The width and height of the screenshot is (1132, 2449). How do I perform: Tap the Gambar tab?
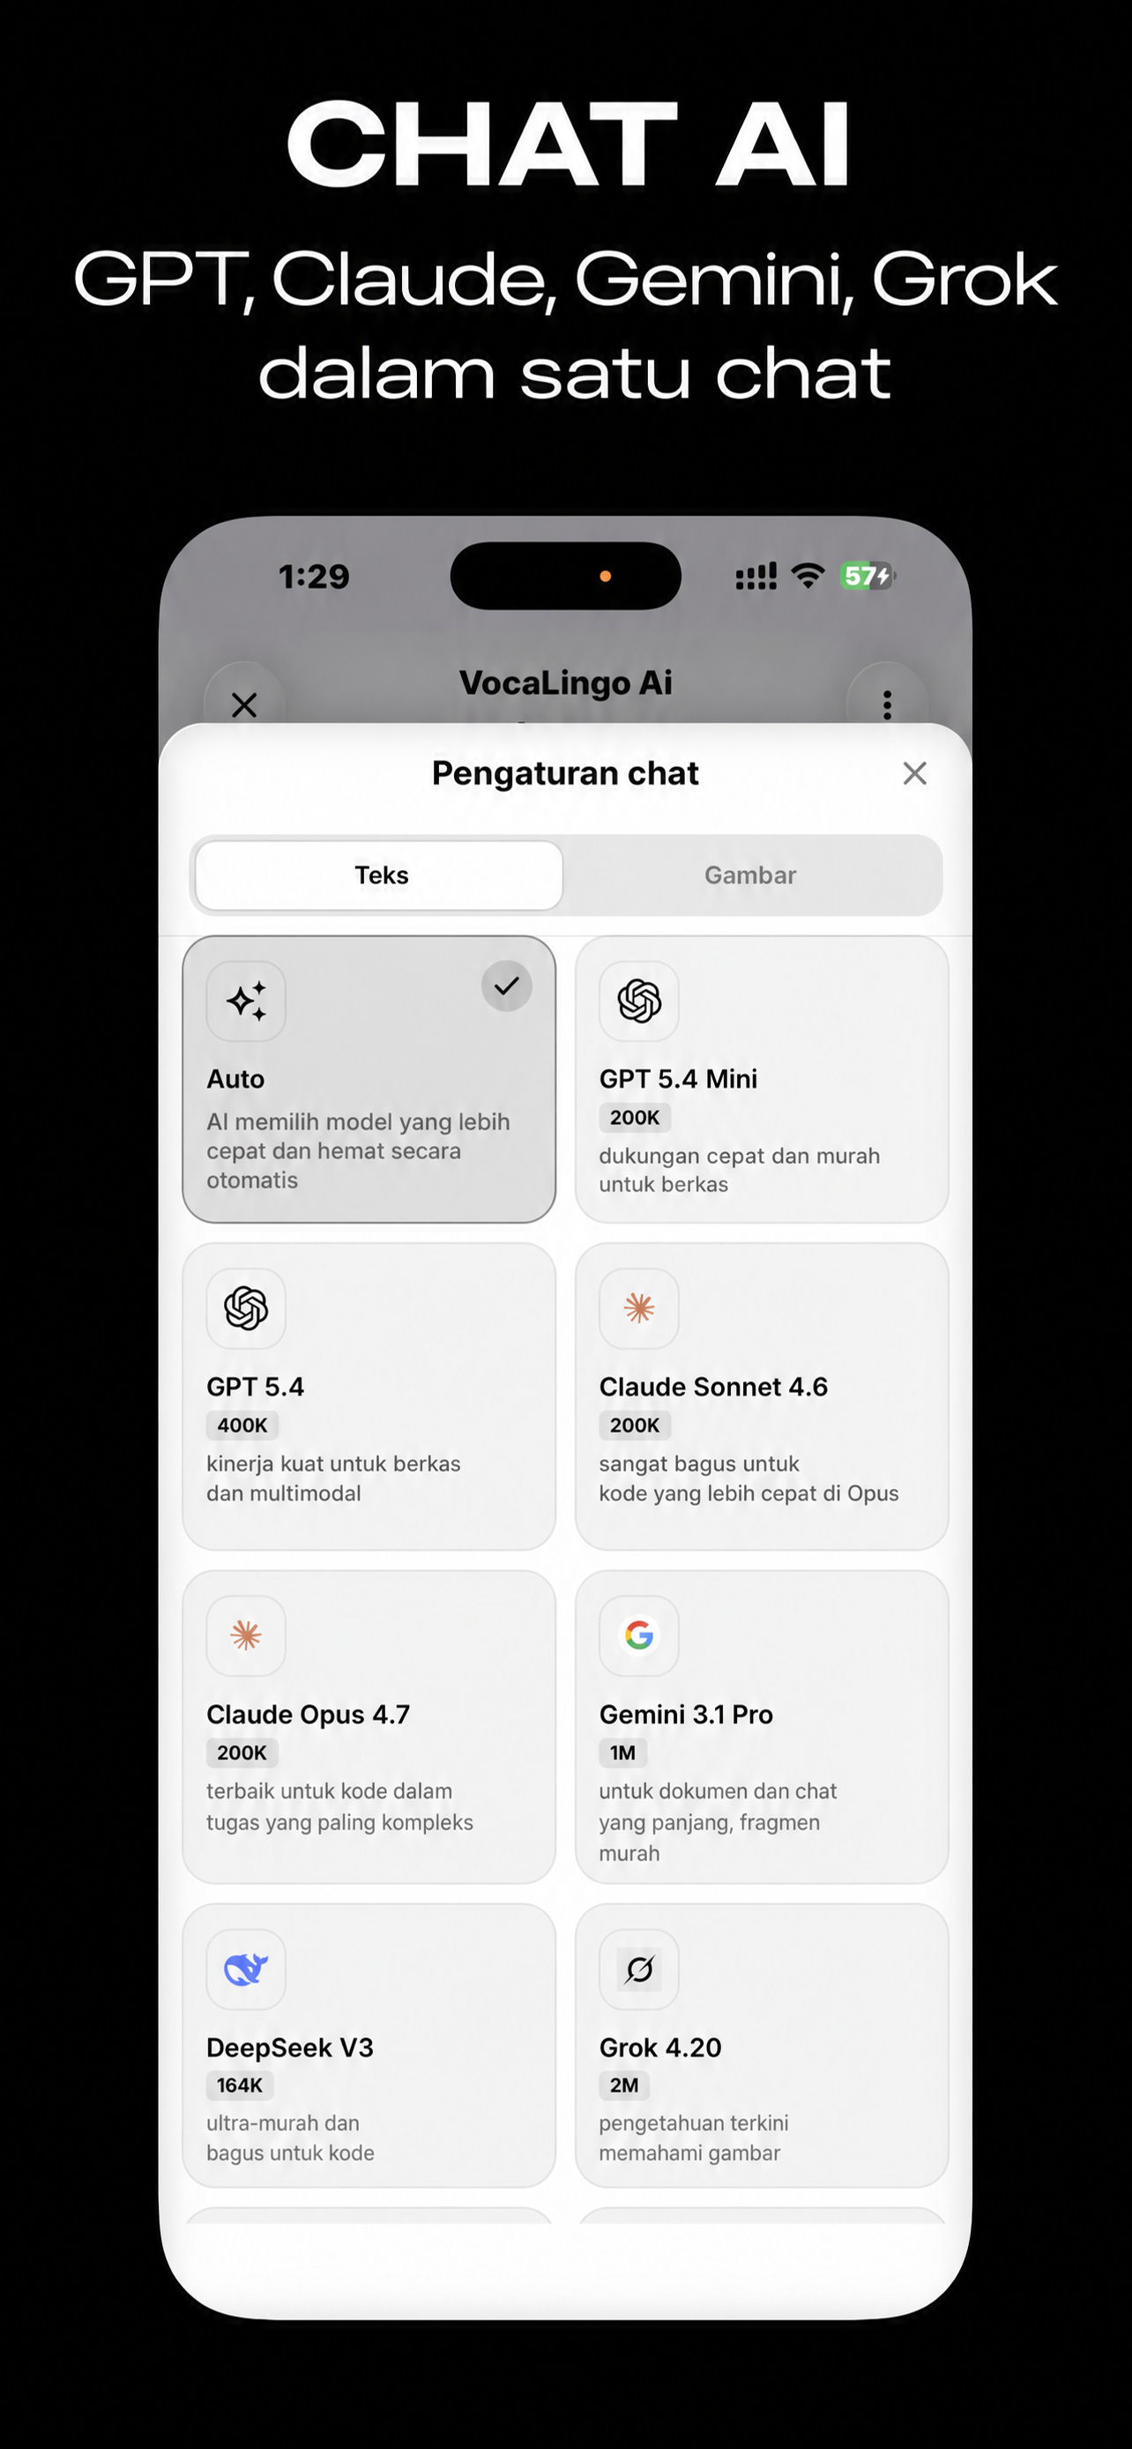tap(750, 875)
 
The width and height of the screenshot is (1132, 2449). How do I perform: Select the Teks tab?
tap(381, 875)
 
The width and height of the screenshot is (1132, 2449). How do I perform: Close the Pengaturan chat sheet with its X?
tap(914, 773)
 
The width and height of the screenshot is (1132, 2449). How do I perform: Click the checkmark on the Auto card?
tap(507, 985)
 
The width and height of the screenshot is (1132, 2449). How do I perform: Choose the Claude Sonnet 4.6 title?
tap(713, 1386)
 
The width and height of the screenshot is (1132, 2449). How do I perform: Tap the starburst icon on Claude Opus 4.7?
tap(246, 1635)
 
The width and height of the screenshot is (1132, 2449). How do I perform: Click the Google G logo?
tap(638, 1635)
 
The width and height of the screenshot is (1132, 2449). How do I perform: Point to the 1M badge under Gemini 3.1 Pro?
tap(622, 1753)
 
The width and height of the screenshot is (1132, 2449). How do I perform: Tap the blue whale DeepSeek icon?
tap(246, 1969)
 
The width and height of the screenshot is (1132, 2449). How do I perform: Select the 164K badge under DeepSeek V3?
tap(240, 2085)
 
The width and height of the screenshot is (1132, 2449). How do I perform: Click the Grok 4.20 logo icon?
tap(638, 1969)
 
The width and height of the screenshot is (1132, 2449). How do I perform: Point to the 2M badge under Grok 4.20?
tap(624, 2085)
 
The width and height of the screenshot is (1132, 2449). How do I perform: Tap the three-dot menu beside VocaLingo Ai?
tap(887, 704)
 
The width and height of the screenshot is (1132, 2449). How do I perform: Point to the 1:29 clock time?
tap(314, 577)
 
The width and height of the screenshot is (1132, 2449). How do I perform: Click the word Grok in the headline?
tap(964, 279)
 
